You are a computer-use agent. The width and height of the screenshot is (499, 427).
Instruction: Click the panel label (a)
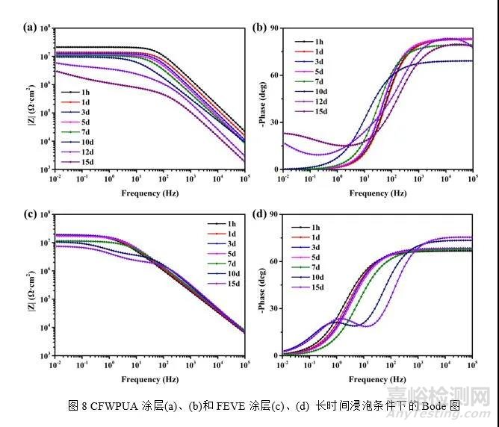[x=30, y=28]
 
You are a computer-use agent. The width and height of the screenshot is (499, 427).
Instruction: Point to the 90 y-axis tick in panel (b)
[x=274, y=28]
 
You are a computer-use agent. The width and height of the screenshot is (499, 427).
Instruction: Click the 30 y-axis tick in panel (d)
[x=274, y=308]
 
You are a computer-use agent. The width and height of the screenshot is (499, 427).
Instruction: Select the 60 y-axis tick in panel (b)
[x=274, y=75]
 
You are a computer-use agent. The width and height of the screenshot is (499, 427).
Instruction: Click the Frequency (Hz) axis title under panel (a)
[x=150, y=193]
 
